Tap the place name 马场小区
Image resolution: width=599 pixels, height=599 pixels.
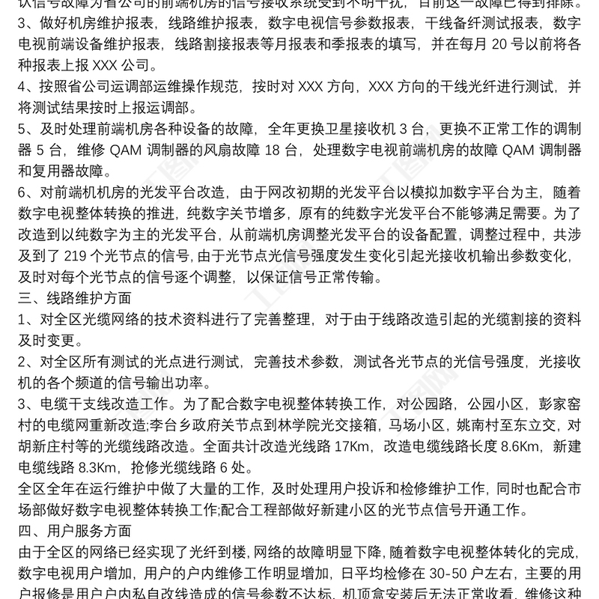411,427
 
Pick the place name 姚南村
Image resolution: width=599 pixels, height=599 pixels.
478,427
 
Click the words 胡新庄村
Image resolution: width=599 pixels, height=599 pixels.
52,448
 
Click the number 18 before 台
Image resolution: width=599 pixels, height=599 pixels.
272,150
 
